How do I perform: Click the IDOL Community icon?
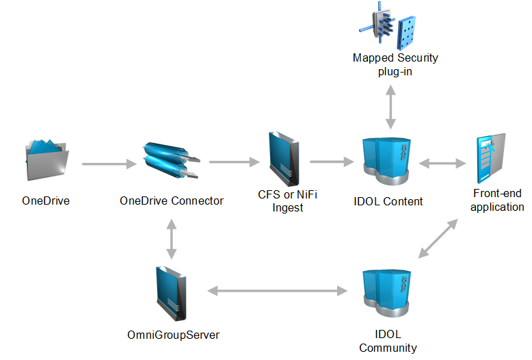(386, 295)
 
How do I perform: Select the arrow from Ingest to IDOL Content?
(331, 162)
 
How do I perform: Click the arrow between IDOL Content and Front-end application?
(442, 164)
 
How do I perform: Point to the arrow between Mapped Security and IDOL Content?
(390, 107)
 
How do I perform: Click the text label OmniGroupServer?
(173, 335)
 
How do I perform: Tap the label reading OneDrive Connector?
(171, 201)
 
